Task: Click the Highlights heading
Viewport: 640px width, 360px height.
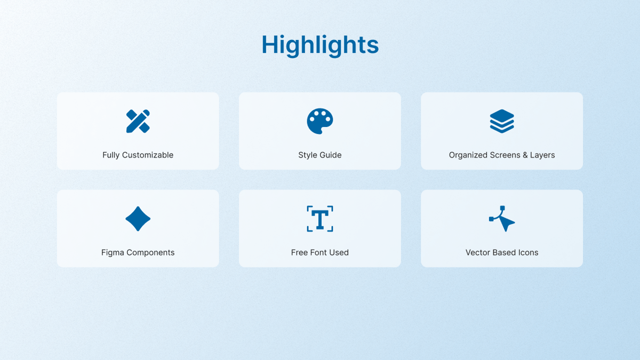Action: coord(320,45)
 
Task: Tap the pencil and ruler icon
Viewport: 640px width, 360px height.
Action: coord(138,121)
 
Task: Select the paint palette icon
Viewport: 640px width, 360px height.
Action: coord(320,121)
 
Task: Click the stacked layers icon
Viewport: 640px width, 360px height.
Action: coord(502,121)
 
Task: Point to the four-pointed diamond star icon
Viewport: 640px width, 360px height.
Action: coord(138,219)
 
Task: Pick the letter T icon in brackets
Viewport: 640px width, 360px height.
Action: coord(320,219)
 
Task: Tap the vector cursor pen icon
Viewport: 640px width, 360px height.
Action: coord(502,219)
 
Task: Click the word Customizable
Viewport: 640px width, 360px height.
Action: coord(148,155)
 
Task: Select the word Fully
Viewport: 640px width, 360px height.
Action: coord(111,155)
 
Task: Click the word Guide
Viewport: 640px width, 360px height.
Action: coord(331,155)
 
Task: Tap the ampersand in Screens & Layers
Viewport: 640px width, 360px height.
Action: coord(525,155)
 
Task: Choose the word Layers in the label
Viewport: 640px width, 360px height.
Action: coord(542,155)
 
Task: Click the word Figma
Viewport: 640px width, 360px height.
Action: coord(113,253)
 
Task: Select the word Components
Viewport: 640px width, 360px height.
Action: coord(150,253)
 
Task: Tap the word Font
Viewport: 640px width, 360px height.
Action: coord(319,253)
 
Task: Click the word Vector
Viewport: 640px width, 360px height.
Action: coord(478,253)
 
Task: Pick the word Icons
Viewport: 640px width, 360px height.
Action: coord(527,253)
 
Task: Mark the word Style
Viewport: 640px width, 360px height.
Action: coord(308,155)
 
